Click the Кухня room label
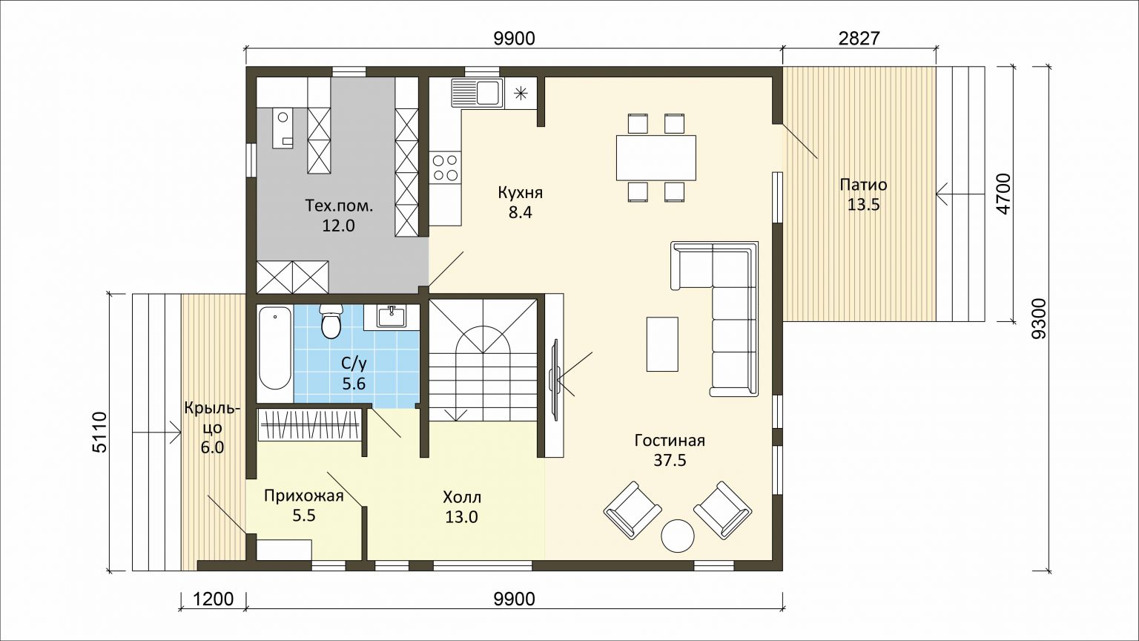[x=520, y=193]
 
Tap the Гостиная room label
[x=670, y=440]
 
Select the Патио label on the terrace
[x=863, y=184]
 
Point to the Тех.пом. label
[x=339, y=206]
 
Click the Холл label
[x=462, y=496]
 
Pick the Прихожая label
[x=304, y=496]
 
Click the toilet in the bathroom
[x=331, y=321]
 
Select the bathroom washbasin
[x=391, y=317]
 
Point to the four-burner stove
[x=445, y=168]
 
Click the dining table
[x=656, y=157]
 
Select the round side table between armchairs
[x=677, y=535]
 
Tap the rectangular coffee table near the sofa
[x=662, y=344]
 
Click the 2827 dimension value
[x=859, y=39]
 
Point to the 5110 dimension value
[x=100, y=432]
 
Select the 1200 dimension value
[x=213, y=599]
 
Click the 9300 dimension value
[x=1040, y=318]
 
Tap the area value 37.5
[x=670, y=461]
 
